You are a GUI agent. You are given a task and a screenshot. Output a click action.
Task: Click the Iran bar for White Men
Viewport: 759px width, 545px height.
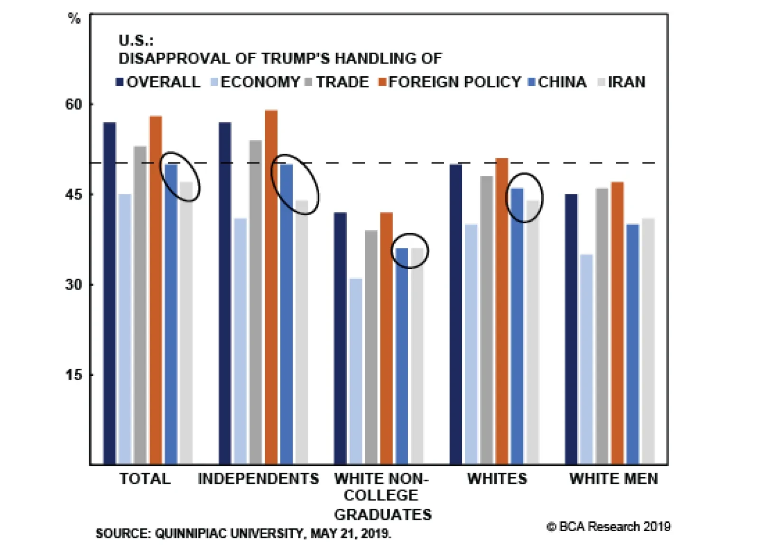point(648,341)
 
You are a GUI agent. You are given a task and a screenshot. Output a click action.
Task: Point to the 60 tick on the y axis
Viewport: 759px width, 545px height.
point(74,104)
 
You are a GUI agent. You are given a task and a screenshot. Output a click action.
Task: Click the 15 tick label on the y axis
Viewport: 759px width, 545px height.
point(74,375)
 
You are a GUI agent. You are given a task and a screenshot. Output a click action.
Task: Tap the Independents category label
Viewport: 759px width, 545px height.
point(259,479)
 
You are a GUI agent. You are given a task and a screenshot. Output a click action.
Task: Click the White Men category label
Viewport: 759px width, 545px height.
point(614,479)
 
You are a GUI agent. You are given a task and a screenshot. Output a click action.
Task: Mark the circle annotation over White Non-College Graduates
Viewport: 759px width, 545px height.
point(409,251)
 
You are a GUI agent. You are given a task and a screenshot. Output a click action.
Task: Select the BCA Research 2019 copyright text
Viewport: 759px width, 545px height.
point(609,527)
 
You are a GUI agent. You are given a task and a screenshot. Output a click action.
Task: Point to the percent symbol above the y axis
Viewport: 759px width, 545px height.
point(74,19)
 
